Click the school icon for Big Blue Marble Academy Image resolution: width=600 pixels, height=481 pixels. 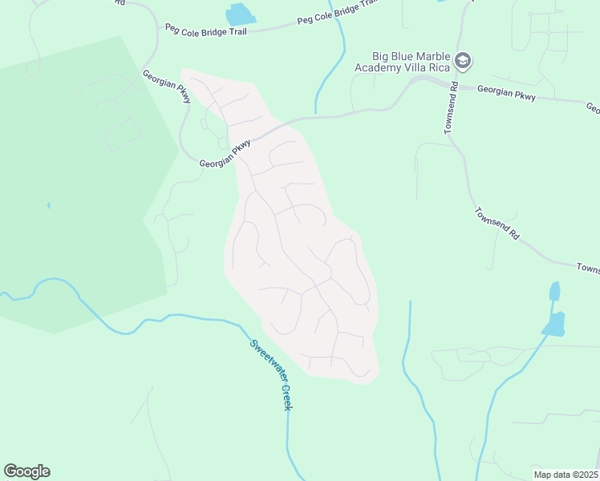click(x=462, y=61)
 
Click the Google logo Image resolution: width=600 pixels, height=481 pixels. click(x=26, y=471)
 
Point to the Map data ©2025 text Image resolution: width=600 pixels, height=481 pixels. click(x=566, y=475)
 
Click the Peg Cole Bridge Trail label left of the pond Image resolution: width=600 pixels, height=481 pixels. click(x=207, y=29)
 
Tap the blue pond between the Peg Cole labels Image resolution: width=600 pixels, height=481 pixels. click(x=238, y=14)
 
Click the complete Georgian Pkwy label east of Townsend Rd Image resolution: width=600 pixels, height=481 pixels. click(x=506, y=94)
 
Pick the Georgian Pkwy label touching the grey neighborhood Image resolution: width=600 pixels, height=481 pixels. click(x=225, y=154)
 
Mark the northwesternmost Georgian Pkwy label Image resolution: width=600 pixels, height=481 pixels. click(x=167, y=87)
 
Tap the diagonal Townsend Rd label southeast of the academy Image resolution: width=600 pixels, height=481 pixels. click(x=497, y=225)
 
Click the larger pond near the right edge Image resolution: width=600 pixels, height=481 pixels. click(x=553, y=324)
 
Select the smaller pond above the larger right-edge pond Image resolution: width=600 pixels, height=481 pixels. click(x=553, y=291)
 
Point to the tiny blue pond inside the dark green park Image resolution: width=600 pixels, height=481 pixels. click(x=48, y=205)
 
